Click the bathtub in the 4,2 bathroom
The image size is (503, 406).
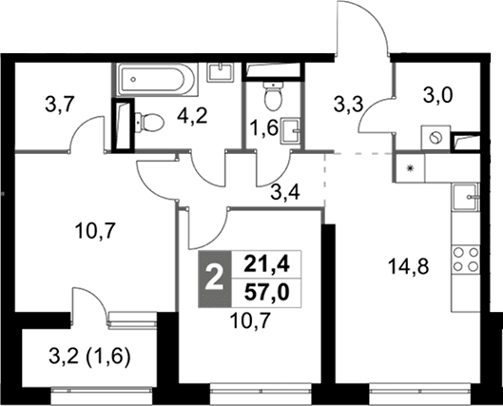pos(155,79)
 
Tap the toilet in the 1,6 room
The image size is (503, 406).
pos(273,95)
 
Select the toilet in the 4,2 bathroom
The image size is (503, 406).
pos(149,123)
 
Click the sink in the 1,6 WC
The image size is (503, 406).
pos(291,131)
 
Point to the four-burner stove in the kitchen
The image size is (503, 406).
pos(466,260)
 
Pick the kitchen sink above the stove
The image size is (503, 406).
pos(466,197)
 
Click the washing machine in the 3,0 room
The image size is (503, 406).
pos(435,138)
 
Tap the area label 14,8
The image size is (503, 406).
pos(408,267)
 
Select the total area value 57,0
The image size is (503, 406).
pos(266,293)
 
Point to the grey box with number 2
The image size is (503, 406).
pos(215,279)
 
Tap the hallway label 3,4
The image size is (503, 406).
pos(285,193)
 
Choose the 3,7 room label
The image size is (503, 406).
pos(60,106)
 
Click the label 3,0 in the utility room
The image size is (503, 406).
pos(438,95)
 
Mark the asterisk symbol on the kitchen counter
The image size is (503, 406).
pos(410,168)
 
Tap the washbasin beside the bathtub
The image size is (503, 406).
pos(221,72)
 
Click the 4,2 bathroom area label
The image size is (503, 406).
pos(192,116)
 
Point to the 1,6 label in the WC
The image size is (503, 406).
pos(264,129)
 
